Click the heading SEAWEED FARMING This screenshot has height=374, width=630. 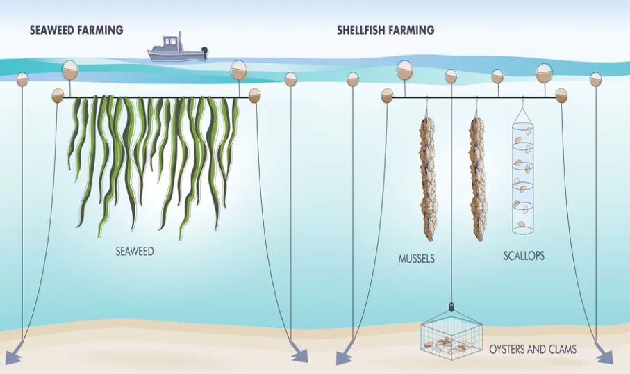[x=76, y=30]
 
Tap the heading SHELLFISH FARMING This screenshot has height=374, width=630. [x=386, y=30]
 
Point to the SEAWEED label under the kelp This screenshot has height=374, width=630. [x=134, y=252]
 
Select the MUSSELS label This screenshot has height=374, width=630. [x=417, y=259]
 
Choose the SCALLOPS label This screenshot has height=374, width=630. [x=524, y=256]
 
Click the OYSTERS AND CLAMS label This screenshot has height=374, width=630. [x=533, y=349]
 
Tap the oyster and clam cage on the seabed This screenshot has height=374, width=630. [x=451, y=336]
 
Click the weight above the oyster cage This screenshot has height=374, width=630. [x=452, y=305]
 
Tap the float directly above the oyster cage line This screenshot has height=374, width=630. [x=451, y=75]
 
